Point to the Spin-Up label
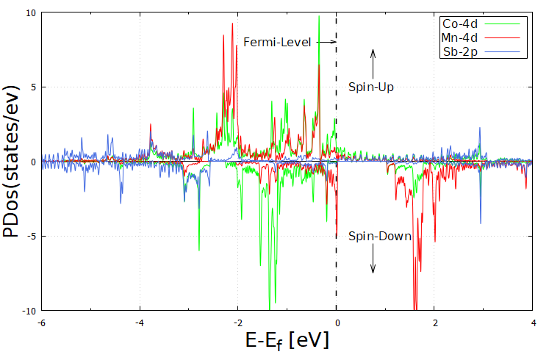click(372, 87)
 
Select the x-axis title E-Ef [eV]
click(287, 341)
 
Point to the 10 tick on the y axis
click(29, 12)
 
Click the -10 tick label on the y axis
click(27, 310)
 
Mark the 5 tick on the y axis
click(32, 87)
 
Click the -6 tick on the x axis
click(41, 322)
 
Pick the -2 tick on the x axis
click(237, 322)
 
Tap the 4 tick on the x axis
click(532, 322)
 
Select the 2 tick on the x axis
click(434, 322)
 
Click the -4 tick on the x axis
click(140, 322)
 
